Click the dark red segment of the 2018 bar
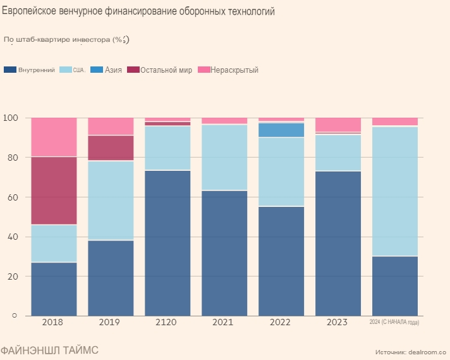54,190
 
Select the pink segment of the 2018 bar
54,137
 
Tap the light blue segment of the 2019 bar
111,200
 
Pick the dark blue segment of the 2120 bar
167,243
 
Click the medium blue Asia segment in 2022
281,130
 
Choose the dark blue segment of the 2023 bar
338,243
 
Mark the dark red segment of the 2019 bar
111,148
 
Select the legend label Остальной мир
166,70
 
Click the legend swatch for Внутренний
10,70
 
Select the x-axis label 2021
224,322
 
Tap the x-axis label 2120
167,322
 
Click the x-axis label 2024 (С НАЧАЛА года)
394,323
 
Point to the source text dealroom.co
427,351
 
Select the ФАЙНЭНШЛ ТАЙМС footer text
49,350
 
